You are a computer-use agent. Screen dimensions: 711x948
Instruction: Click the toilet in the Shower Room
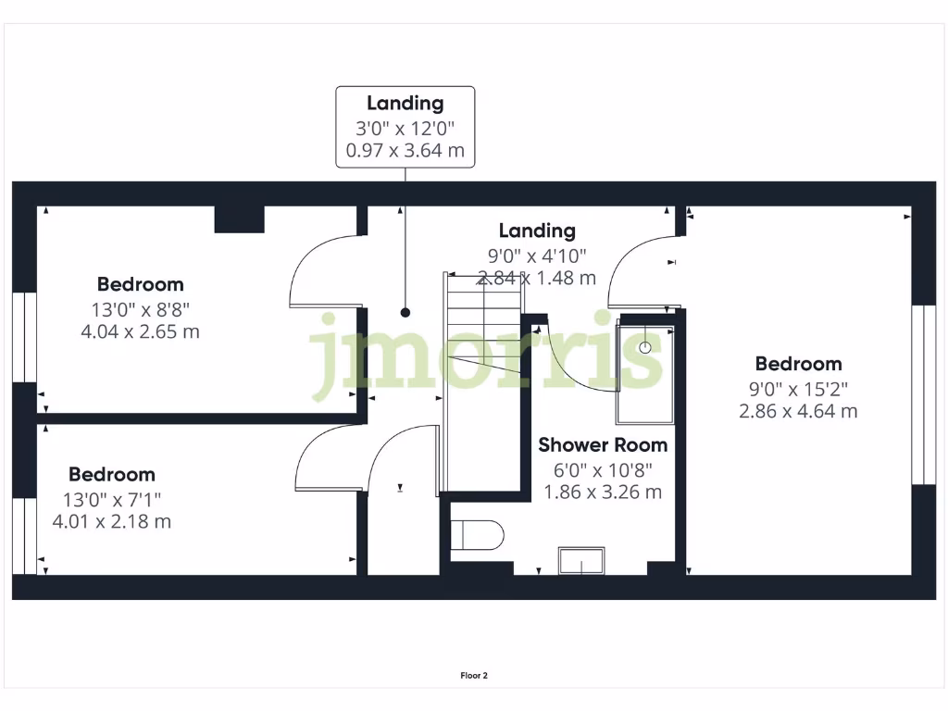(478, 535)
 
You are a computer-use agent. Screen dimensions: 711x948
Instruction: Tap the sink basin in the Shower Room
(580, 560)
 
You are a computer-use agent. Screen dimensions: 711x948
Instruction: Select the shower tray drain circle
(645, 348)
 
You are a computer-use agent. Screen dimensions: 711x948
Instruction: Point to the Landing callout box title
(405, 104)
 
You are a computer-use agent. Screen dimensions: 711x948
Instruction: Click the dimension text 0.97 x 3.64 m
(405, 150)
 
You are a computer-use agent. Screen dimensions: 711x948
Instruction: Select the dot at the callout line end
(405, 312)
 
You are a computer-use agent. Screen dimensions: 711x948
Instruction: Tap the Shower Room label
(603, 445)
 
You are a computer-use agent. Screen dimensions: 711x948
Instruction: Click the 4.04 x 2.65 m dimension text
(141, 331)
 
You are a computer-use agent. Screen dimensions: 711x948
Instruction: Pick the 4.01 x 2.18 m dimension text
(112, 521)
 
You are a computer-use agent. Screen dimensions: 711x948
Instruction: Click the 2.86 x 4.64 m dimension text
(798, 411)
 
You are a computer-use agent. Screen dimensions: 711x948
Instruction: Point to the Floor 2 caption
(474, 676)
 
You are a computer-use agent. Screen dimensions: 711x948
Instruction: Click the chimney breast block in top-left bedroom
(240, 219)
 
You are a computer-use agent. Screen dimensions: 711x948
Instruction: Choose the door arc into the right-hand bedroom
(639, 268)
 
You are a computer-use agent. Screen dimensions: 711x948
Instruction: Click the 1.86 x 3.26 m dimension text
(603, 493)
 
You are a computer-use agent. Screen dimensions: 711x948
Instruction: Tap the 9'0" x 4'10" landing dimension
(537, 256)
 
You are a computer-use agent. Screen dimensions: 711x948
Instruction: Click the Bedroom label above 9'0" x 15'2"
(798, 364)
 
